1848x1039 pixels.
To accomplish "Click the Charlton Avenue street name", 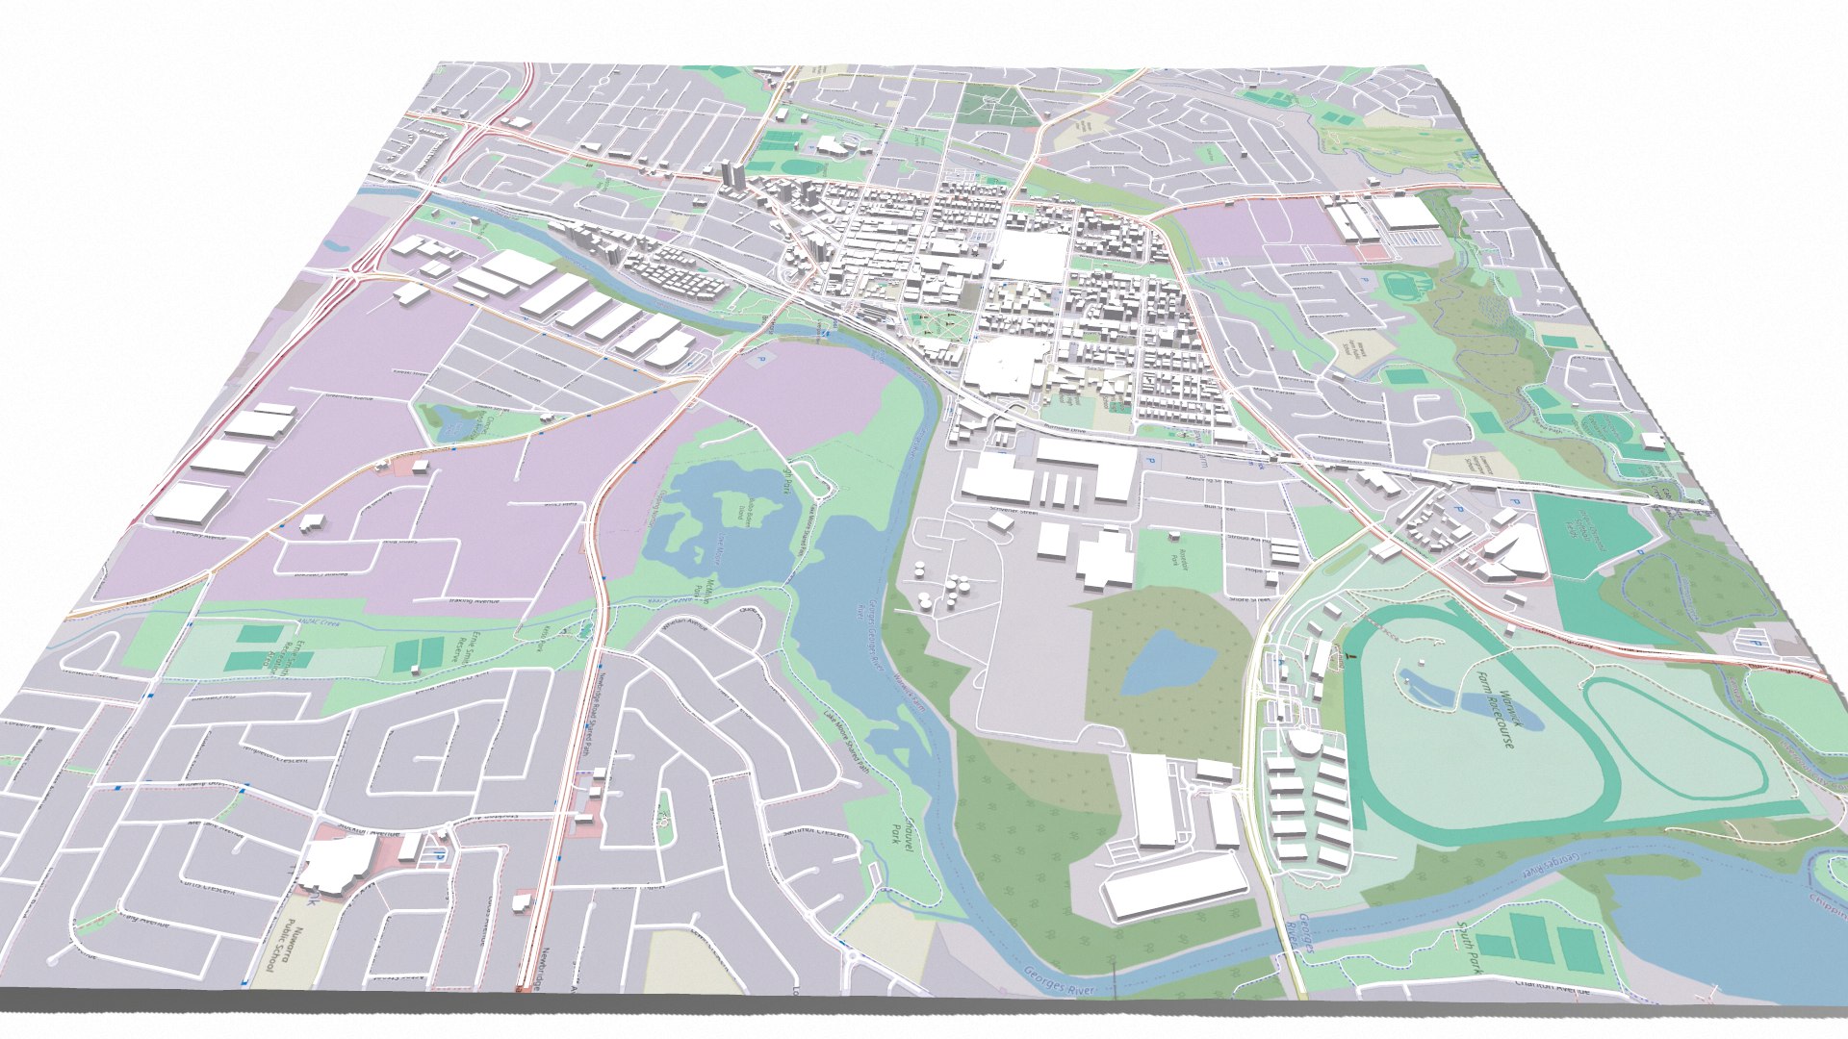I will [1550, 984].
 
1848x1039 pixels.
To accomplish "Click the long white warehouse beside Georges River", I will [1174, 885].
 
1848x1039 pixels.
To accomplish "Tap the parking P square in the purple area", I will [760, 359].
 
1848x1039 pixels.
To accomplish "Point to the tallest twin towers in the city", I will [731, 175].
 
